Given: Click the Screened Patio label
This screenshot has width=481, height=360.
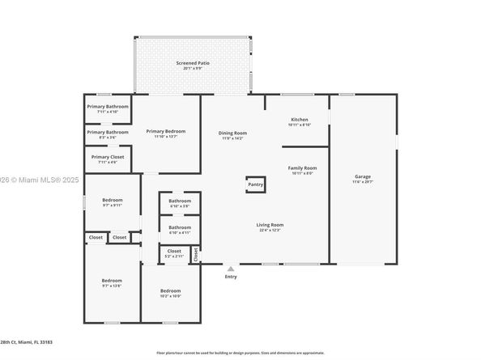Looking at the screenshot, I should [192, 63].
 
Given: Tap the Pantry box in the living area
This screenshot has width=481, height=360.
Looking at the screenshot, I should [255, 184].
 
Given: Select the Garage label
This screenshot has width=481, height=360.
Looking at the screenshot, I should [363, 176].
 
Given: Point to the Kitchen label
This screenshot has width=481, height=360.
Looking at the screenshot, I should [300, 119].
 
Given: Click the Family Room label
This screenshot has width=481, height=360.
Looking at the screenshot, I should [303, 168].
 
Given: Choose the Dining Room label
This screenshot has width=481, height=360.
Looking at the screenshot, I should [232, 133].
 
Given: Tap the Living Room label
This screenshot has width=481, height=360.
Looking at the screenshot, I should [270, 225].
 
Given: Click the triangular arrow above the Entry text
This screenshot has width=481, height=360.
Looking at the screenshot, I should [231, 269].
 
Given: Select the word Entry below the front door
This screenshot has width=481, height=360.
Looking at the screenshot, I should [231, 277].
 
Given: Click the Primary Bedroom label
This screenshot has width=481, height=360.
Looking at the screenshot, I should [165, 131].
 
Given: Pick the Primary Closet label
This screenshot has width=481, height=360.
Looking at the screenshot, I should [108, 157].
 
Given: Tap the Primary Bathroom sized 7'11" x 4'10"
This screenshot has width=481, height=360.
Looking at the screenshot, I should [108, 106].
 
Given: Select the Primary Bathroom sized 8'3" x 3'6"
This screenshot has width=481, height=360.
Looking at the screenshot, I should [108, 132].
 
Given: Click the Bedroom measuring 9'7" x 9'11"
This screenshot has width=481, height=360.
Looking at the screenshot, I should [112, 200].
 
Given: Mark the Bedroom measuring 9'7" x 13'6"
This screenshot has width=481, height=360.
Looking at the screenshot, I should [112, 281].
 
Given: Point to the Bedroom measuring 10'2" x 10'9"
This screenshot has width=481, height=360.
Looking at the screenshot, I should [170, 290].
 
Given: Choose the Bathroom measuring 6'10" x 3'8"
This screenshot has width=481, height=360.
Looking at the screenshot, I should [180, 201].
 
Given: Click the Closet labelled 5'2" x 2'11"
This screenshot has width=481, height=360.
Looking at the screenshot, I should [174, 252].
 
